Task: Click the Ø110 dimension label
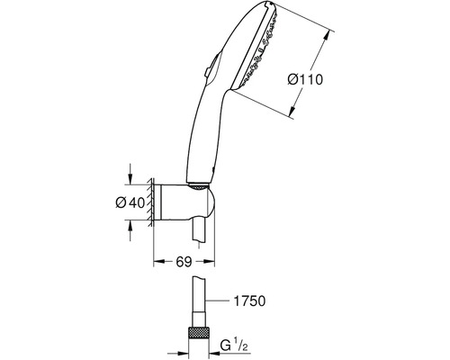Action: (305, 80)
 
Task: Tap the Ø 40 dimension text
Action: (130, 202)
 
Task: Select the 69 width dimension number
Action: (184, 262)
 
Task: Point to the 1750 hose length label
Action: (249, 301)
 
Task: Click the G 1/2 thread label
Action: (234, 346)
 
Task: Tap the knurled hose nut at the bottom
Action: (199, 333)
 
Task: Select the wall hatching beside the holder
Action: (150, 202)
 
